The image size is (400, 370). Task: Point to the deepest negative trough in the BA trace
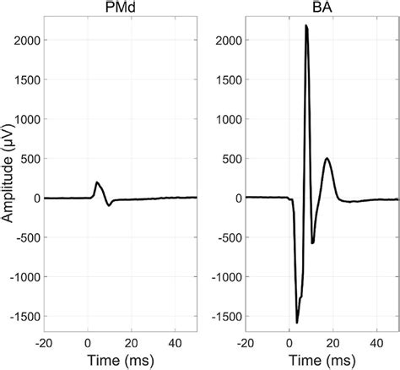297,322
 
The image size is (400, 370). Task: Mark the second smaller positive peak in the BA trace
327,158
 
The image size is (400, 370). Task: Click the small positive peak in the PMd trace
97,182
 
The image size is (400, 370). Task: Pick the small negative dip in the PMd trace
109,205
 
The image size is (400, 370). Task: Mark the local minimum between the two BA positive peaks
313,242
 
